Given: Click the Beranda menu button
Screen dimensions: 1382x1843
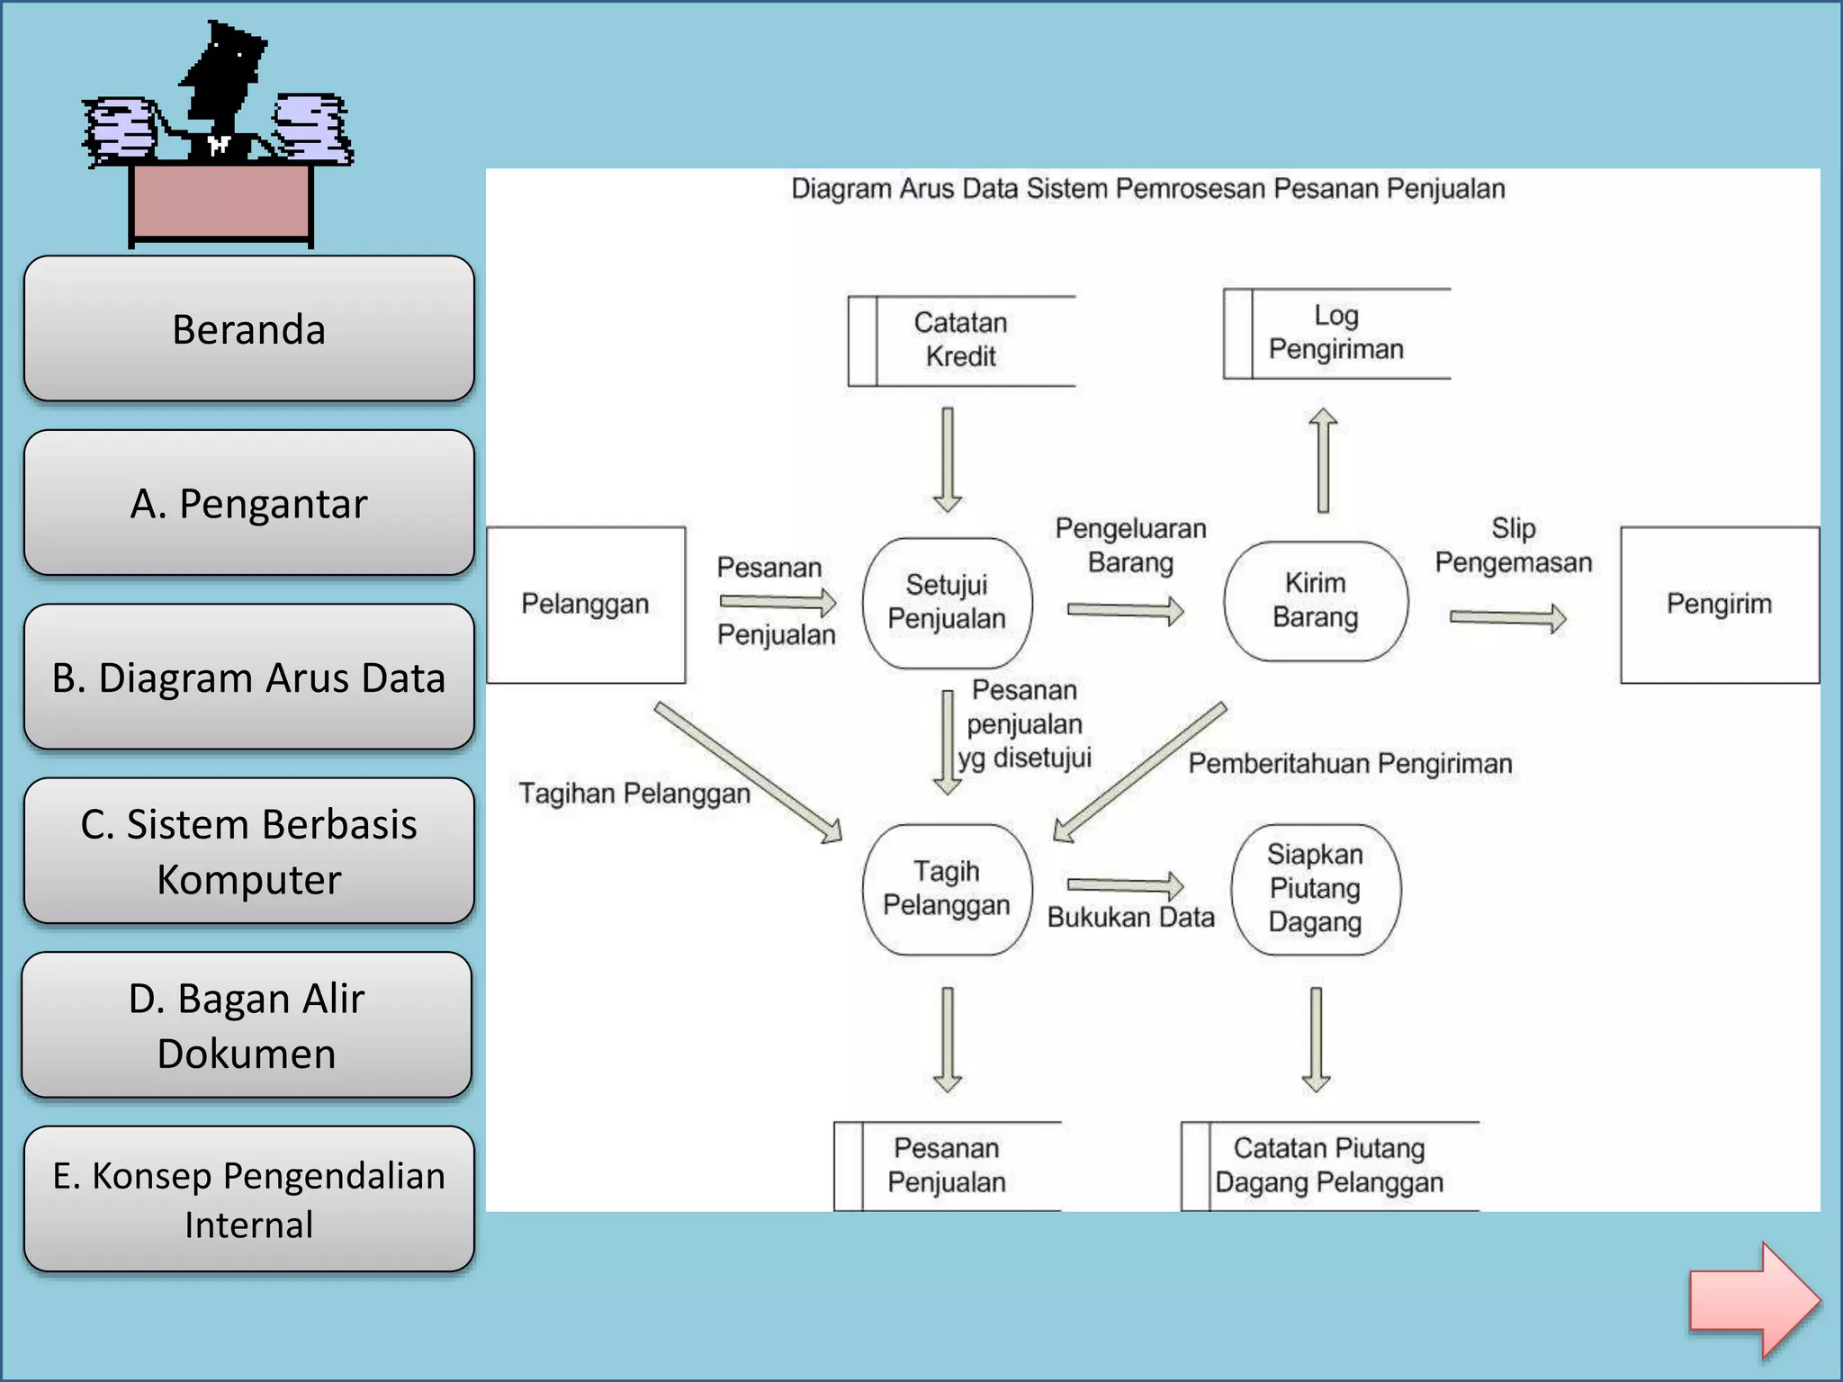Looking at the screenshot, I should (x=248, y=328).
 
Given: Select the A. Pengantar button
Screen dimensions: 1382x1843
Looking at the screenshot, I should (x=248, y=503).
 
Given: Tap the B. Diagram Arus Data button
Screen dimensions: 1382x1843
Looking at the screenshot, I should (x=248, y=678).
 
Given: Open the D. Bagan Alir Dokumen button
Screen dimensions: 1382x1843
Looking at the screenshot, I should (x=247, y=1025).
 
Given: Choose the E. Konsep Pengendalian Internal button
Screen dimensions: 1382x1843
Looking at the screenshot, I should (x=248, y=1199).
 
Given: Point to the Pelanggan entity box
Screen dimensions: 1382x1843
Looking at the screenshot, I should (x=586, y=604).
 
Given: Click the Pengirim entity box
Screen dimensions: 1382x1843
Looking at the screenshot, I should (x=1719, y=604).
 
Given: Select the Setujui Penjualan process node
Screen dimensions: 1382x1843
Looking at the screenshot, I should (x=947, y=602).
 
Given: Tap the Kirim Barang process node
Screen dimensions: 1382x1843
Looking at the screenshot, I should (x=1315, y=600).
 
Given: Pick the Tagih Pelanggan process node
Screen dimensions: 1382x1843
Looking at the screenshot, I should (x=946, y=888).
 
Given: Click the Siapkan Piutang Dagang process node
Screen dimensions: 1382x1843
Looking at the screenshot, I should (x=1315, y=888).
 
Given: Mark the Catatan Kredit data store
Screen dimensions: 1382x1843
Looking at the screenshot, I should (x=961, y=340).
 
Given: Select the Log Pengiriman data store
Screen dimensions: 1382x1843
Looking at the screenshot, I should (x=1335, y=333).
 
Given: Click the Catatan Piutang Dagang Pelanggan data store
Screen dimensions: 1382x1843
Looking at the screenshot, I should (x=1329, y=1165).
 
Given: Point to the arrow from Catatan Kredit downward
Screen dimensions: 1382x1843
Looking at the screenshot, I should (x=947, y=460).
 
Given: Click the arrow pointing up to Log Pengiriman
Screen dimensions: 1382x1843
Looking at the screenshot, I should (x=1322, y=460).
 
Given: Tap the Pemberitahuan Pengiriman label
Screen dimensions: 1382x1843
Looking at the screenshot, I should (x=1349, y=764).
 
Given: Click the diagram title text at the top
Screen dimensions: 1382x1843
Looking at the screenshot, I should (x=1147, y=189).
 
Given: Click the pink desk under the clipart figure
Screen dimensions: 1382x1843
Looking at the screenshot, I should (x=220, y=202).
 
